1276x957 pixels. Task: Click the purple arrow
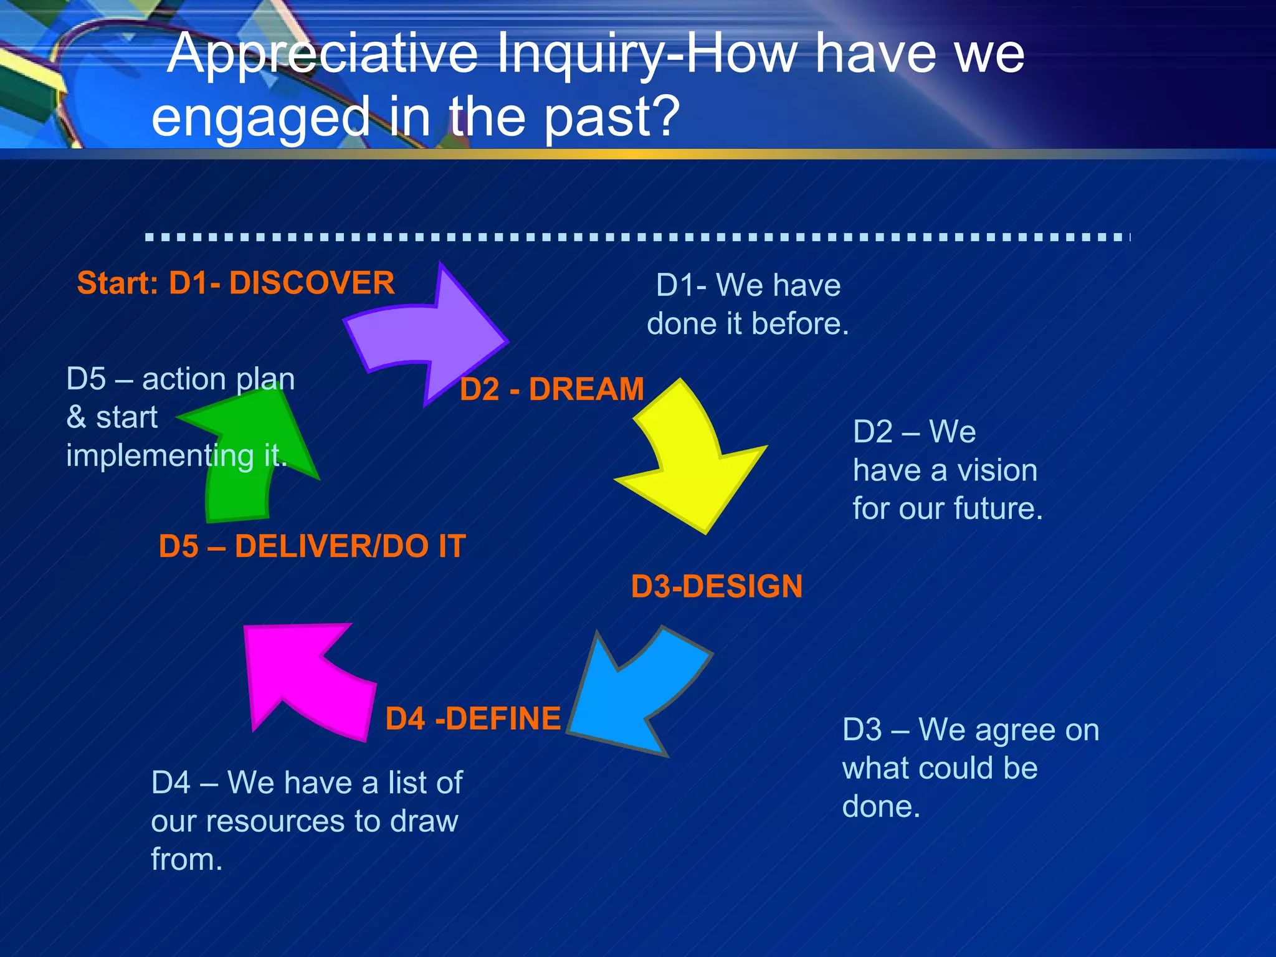430,336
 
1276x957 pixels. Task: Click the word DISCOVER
312,283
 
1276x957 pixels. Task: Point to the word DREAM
586,389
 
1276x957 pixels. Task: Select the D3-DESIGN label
717,586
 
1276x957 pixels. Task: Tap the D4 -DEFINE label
473,718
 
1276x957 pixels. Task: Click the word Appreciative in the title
331,55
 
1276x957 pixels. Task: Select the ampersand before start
76,417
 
